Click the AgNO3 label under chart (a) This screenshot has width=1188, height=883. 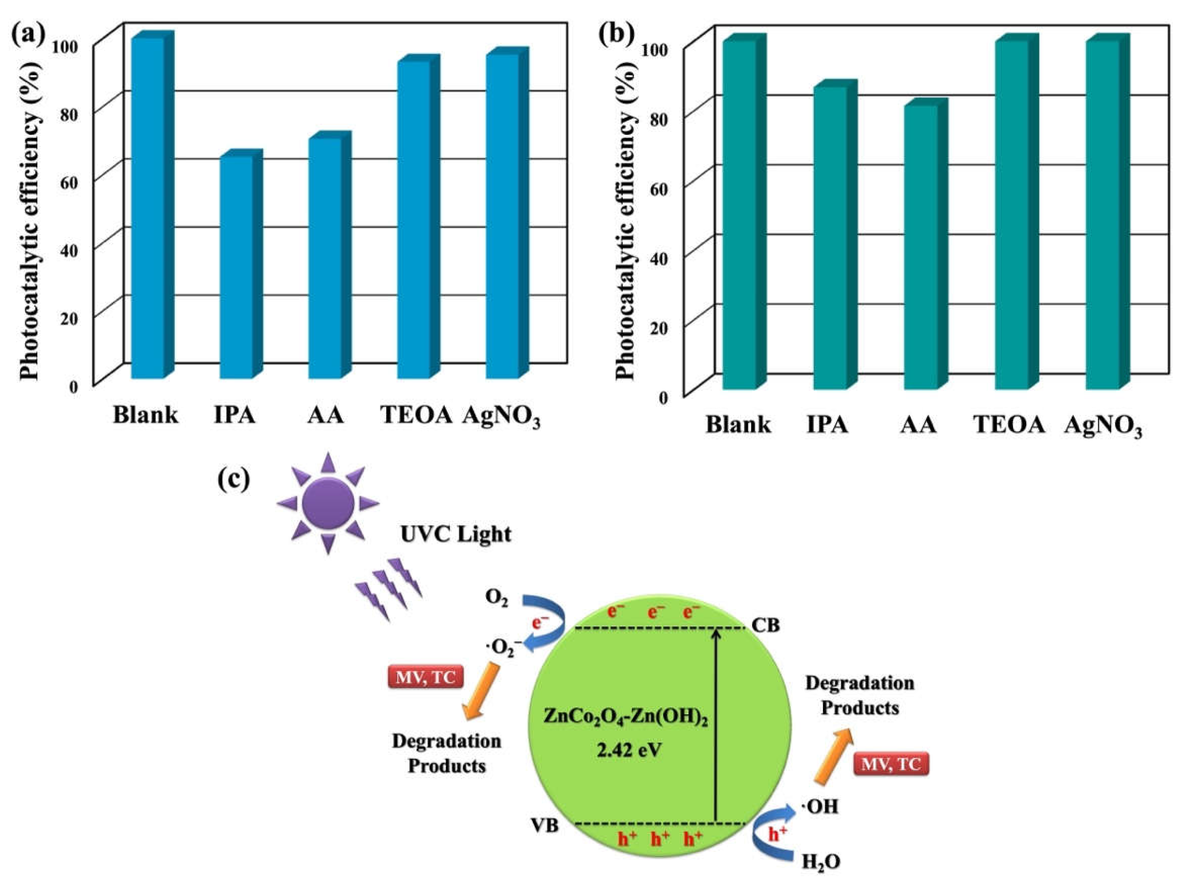pos(501,416)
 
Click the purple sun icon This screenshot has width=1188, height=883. pos(328,504)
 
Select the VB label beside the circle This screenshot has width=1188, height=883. pos(545,826)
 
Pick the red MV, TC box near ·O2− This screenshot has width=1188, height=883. pos(425,677)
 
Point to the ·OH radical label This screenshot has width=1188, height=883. pos(818,806)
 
